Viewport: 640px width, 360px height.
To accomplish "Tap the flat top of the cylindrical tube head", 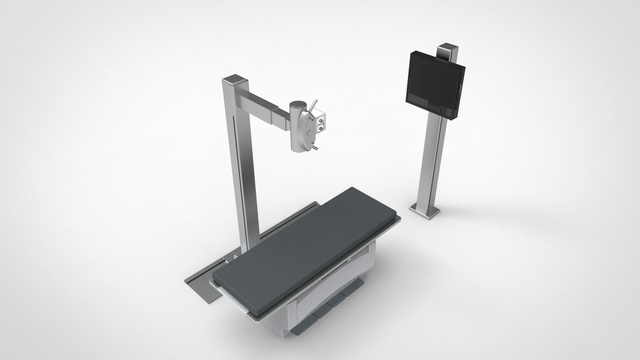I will pos(298,105).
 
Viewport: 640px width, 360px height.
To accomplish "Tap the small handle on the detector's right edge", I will pos(460,89).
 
